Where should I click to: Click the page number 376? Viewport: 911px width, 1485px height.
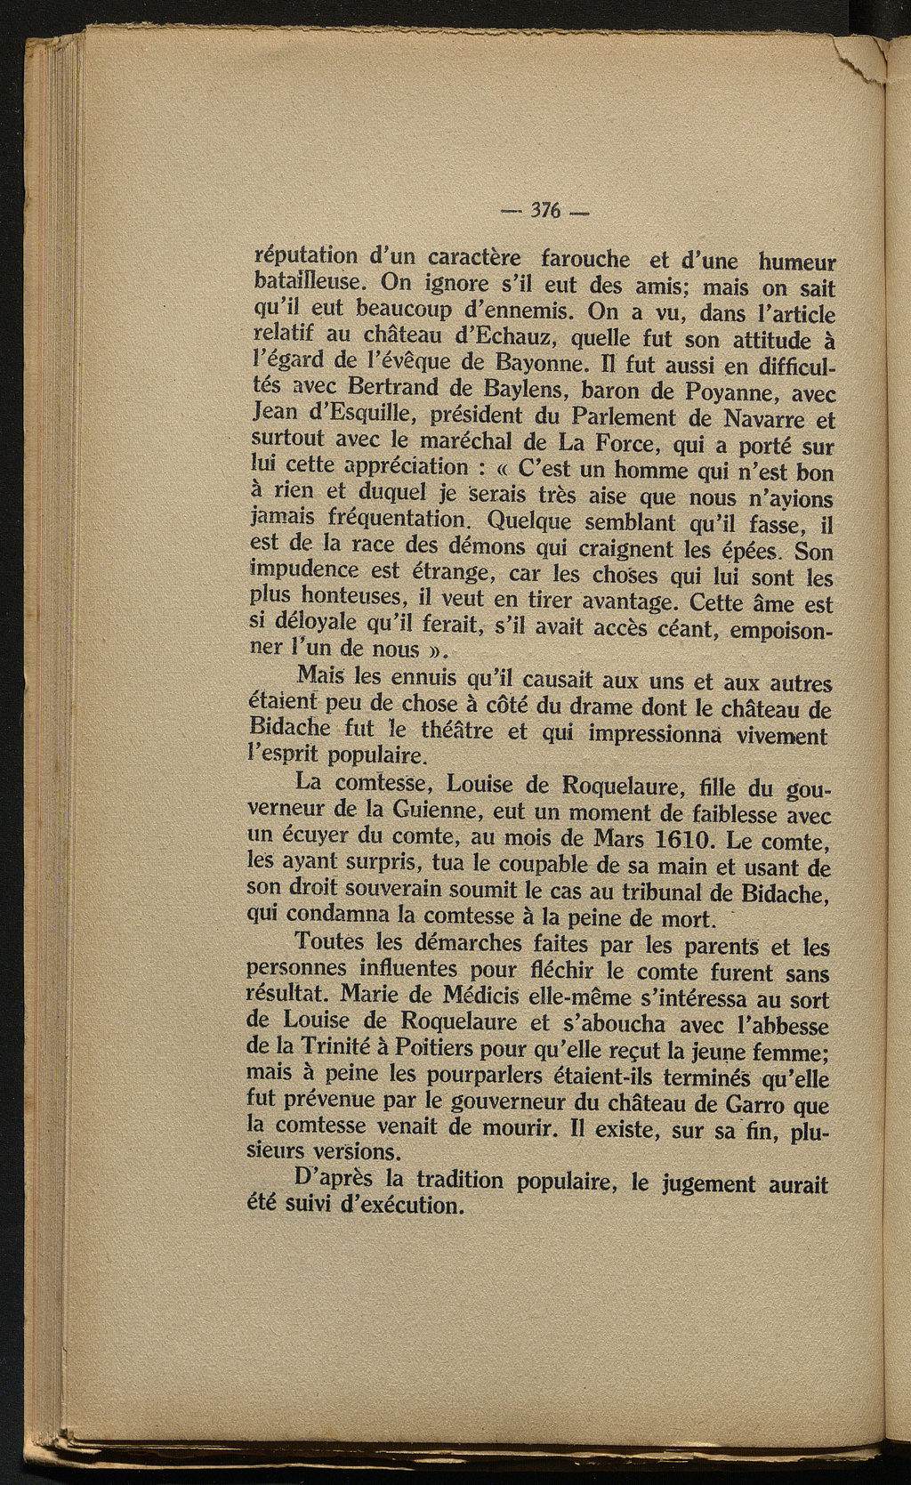click(542, 212)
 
